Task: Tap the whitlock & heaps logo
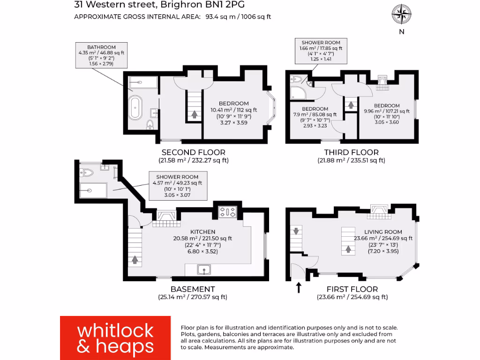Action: [x=115, y=337]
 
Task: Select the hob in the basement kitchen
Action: [x=228, y=212]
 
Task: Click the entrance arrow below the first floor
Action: [x=299, y=287]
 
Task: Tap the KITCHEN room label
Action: [x=202, y=232]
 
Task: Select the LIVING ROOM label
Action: [x=383, y=232]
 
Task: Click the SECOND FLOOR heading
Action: [x=193, y=152]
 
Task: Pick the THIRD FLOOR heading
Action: [x=351, y=152]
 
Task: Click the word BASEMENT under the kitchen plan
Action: [x=193, y=289]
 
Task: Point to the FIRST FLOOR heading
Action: [x=352, y=289]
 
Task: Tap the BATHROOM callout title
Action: [x=101, y=47]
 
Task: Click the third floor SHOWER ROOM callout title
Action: [x=321, y=43]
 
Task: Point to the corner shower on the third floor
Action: [x=297, y=92]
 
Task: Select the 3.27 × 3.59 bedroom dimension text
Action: [x=233, y=123]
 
